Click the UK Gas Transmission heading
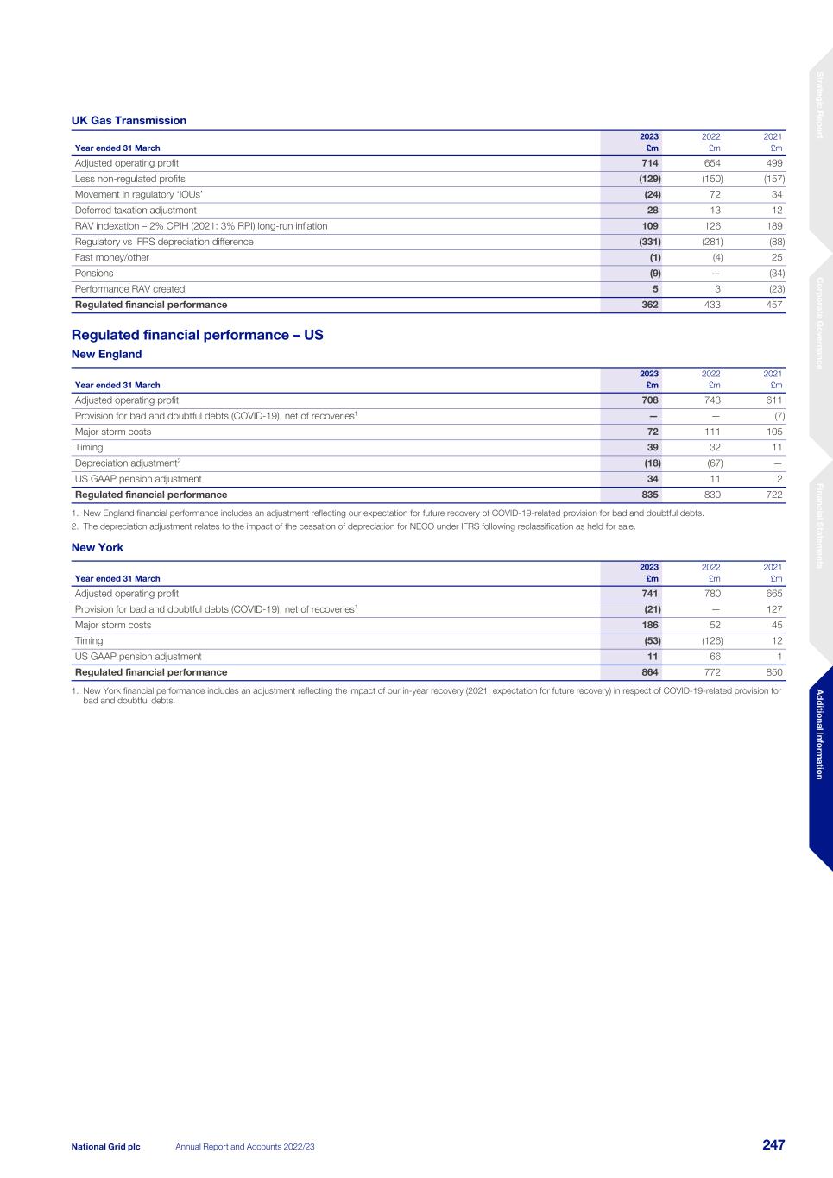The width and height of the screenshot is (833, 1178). click(x=129, y=121)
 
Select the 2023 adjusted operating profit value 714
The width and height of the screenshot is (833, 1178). click(x=649, y=163)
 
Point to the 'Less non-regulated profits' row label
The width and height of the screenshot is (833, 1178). click(x=129, y=179)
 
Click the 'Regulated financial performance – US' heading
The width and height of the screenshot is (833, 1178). click(x=197, y=335)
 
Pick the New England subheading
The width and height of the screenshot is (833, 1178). click(x=106, y=355)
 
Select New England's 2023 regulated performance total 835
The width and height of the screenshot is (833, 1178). click(x=649, y=495)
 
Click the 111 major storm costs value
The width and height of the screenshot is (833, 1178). click(x=712, y=432)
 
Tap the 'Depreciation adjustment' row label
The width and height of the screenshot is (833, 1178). click(x=127, y=463)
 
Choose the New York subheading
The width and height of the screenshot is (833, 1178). click(x=97, y=548)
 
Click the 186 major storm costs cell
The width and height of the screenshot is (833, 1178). click(x=649, y=625)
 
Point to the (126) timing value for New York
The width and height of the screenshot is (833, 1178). click(x=711, y=640)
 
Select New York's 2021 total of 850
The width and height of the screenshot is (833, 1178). click(x=773, y=672)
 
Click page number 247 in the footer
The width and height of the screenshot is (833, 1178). click(x=773, y=1145)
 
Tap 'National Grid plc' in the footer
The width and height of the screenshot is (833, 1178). click(x=105, y=1146)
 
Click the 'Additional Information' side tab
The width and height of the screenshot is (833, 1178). click(x=820, y=734)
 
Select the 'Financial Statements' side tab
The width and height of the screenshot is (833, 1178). click(x=820, y=526)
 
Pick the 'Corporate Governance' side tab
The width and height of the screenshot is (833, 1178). click(x=820, y=323)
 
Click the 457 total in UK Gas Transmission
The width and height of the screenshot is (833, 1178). click(x=773, y=305)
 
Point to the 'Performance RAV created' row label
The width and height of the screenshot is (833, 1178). click(x=129, y=289)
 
